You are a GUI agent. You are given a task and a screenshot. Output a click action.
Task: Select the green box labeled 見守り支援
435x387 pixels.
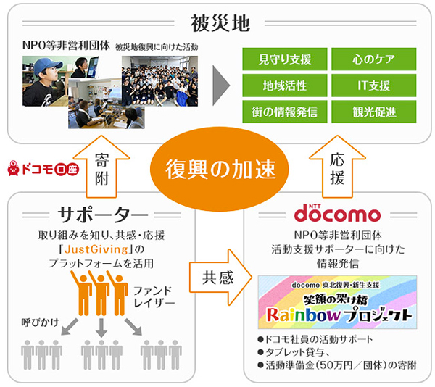click(283, 59)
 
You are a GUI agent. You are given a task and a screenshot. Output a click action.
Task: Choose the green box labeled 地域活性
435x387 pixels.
click(283, 86)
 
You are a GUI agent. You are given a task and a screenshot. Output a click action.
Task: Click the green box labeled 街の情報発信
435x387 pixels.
click(283, 112)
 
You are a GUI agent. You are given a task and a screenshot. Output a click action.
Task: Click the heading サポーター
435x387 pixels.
click(101, 215)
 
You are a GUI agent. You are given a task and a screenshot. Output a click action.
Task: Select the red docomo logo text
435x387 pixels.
click(336, 215)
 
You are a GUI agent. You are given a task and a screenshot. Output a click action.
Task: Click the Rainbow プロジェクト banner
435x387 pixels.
click(337, 305)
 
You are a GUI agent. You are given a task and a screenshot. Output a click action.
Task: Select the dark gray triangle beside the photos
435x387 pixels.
click(220, 86)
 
